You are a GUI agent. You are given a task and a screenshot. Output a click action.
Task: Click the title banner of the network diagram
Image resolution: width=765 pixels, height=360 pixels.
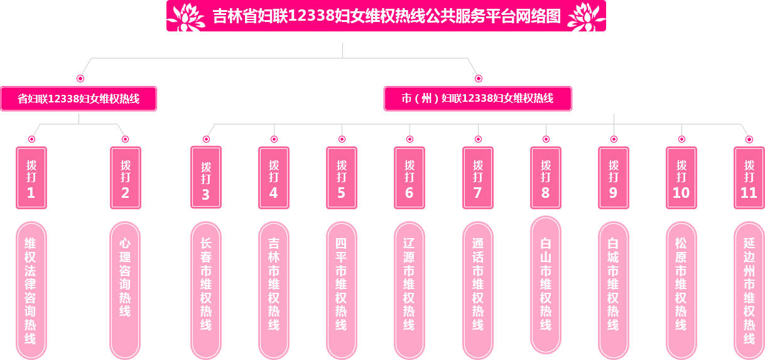[386, 16]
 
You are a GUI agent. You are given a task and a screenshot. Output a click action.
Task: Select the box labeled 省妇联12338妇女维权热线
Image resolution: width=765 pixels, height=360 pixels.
[78, 99]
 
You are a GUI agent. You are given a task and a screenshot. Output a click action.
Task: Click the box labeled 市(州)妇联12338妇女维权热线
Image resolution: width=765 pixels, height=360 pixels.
[478, 99]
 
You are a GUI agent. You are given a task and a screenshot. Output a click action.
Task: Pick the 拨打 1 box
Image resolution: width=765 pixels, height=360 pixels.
[31, 178]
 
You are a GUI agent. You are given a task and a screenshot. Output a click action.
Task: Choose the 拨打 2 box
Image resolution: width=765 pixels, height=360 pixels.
[125, 178]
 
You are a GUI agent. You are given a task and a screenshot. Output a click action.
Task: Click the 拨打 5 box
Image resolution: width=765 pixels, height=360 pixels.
[342, 178]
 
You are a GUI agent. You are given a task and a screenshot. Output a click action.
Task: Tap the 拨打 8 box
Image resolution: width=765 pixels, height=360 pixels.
[546, 178]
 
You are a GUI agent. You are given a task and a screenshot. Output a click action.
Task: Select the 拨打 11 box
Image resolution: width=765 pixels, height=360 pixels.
[749, 178]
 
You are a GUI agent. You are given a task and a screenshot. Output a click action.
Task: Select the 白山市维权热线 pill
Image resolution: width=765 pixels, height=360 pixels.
[546, 284]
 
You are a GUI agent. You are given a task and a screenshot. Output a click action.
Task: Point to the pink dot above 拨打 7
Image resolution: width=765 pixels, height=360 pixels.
[478, 139]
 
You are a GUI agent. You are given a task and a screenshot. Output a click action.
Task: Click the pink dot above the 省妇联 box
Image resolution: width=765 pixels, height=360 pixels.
[80, 79]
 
